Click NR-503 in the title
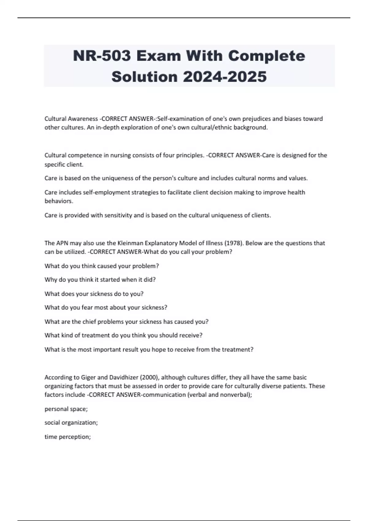pyautogui.click(x=102, y=56)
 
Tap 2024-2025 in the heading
pyautogui.click(x=225, y=77)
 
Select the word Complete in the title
pyautogui.click(x=266, y=56)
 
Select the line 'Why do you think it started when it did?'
pyautogui.click(x=100, y=280)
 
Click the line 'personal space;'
pyautogui.click(x=66, y=409)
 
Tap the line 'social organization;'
pyautogui.click(x=71, y=423)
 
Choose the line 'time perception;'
pyautogui.click(x=67, y=437)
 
